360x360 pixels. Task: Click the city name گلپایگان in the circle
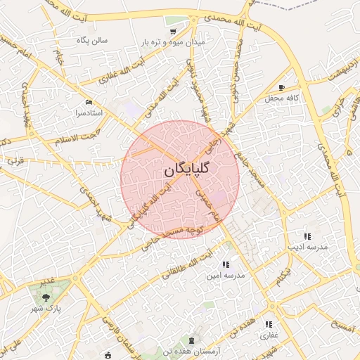tap(181, 170)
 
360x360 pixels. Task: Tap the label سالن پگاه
tap(92, 41)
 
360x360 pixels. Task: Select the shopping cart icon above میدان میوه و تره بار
tap(173, 32)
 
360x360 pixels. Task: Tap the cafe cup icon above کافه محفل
tap(282, 87)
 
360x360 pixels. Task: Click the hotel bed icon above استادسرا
tap(89, 102)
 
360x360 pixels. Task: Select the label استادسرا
tap(89, 112)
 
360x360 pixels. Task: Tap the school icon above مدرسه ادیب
tap(307, 236)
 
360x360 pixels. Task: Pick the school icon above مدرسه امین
tap(225, 265)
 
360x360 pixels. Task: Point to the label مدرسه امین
tap(225, 276)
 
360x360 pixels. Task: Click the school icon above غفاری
tap(269, 324)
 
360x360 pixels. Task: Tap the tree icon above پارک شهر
tap(46, 298)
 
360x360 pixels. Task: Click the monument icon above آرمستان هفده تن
tap(191, 341)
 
